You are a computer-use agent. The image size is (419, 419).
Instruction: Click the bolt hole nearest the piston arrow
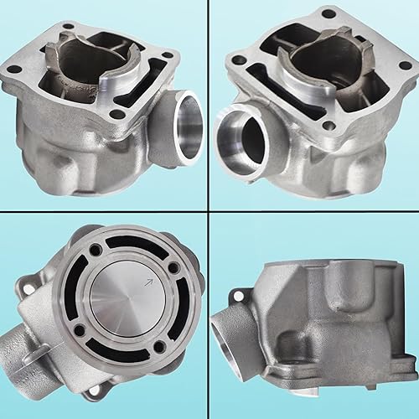click(173, 268)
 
